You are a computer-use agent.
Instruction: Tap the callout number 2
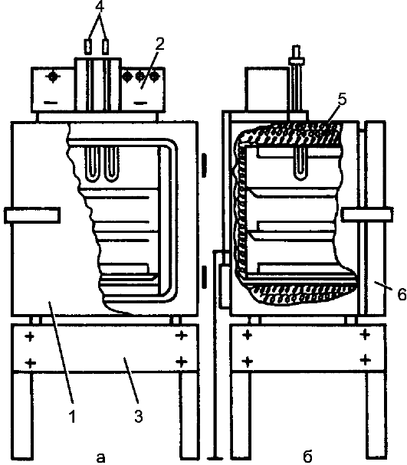(x=159, y=44)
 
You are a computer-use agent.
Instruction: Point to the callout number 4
(x=100, y=7)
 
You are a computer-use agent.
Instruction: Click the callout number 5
(x=341, y=100)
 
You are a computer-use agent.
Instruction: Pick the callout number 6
(x=402, y=294)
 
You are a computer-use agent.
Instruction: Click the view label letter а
(x=101, y=457)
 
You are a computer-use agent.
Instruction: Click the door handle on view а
(x=32, y=215)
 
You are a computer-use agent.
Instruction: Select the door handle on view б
(x=367, y=214)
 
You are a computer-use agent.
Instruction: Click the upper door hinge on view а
(x=204, y=165)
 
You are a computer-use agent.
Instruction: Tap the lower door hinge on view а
(x=204, y=277)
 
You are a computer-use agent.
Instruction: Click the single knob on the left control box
(x=53, y=77)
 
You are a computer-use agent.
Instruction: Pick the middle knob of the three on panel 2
(x=140, y=77)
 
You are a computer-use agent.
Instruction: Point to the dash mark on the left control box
(x=51, y=103)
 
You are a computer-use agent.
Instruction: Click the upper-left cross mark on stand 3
(x=29, y=336)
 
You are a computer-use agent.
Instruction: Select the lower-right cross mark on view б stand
(x=365, y=360)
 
